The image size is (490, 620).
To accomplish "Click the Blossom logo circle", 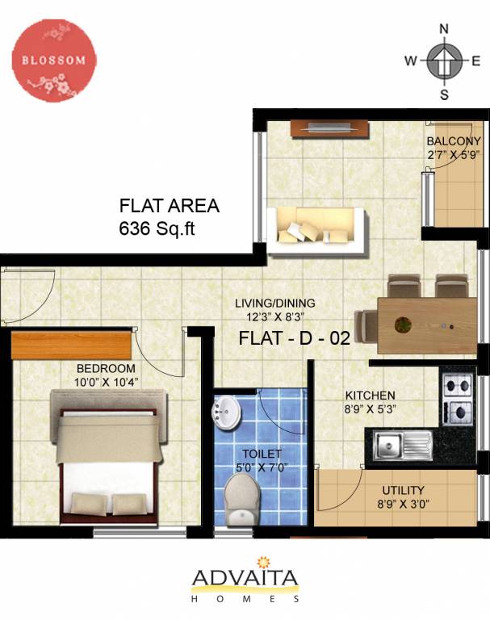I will point(54,61).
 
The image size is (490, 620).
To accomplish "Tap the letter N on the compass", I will point(443,29).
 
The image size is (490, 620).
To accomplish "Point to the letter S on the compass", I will point(443,94).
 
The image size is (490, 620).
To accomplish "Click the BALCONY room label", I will point(454,141).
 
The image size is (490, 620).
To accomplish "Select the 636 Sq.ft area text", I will point(158,228).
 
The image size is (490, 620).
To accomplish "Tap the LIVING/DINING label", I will point(274,304).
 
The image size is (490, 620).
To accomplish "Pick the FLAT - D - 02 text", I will point(294,338).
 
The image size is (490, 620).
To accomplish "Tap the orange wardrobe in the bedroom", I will point(71,345).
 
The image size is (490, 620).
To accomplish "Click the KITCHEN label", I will point(370,396).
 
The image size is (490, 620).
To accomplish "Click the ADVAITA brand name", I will point(245,578).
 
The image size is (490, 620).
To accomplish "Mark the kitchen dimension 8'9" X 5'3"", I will point(370,408).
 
